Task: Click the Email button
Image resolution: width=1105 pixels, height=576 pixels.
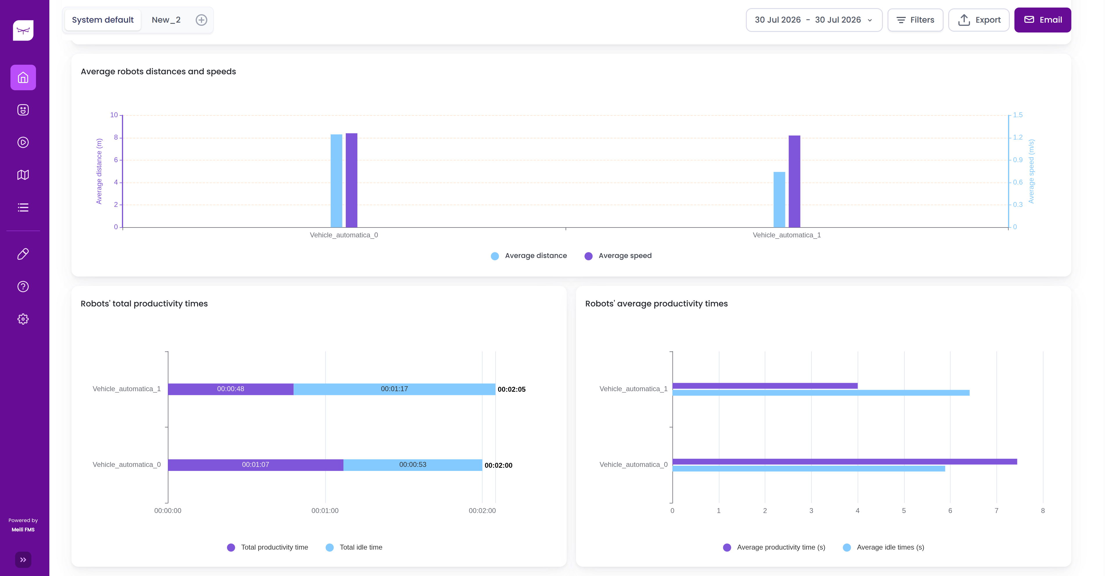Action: (1042, 20)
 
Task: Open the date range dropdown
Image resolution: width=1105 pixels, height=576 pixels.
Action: (814, 20)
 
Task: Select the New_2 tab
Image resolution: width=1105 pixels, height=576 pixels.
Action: (166, 20)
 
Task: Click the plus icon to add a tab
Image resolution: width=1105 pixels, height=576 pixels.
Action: (201, 20)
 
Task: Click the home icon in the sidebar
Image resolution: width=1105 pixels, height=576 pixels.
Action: (23, 78)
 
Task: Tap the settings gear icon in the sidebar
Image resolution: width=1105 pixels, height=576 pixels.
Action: (23, 319)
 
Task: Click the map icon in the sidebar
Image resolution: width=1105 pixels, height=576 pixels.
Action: (23, 175)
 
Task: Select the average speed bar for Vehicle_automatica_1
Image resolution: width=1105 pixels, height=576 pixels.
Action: (794, 181)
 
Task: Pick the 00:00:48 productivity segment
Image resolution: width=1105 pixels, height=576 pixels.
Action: (231, 389)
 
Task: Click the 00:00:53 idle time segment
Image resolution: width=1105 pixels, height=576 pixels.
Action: (413, 465)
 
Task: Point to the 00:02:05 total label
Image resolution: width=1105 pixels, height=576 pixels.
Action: (511, 389)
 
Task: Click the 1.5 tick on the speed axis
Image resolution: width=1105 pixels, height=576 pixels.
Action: (1018, 115)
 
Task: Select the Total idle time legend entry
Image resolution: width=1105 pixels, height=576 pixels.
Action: (354, 547)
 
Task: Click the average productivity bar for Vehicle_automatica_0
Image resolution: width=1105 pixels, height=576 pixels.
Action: (845, 461)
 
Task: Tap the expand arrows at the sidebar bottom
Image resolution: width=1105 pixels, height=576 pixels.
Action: (23, 560)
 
